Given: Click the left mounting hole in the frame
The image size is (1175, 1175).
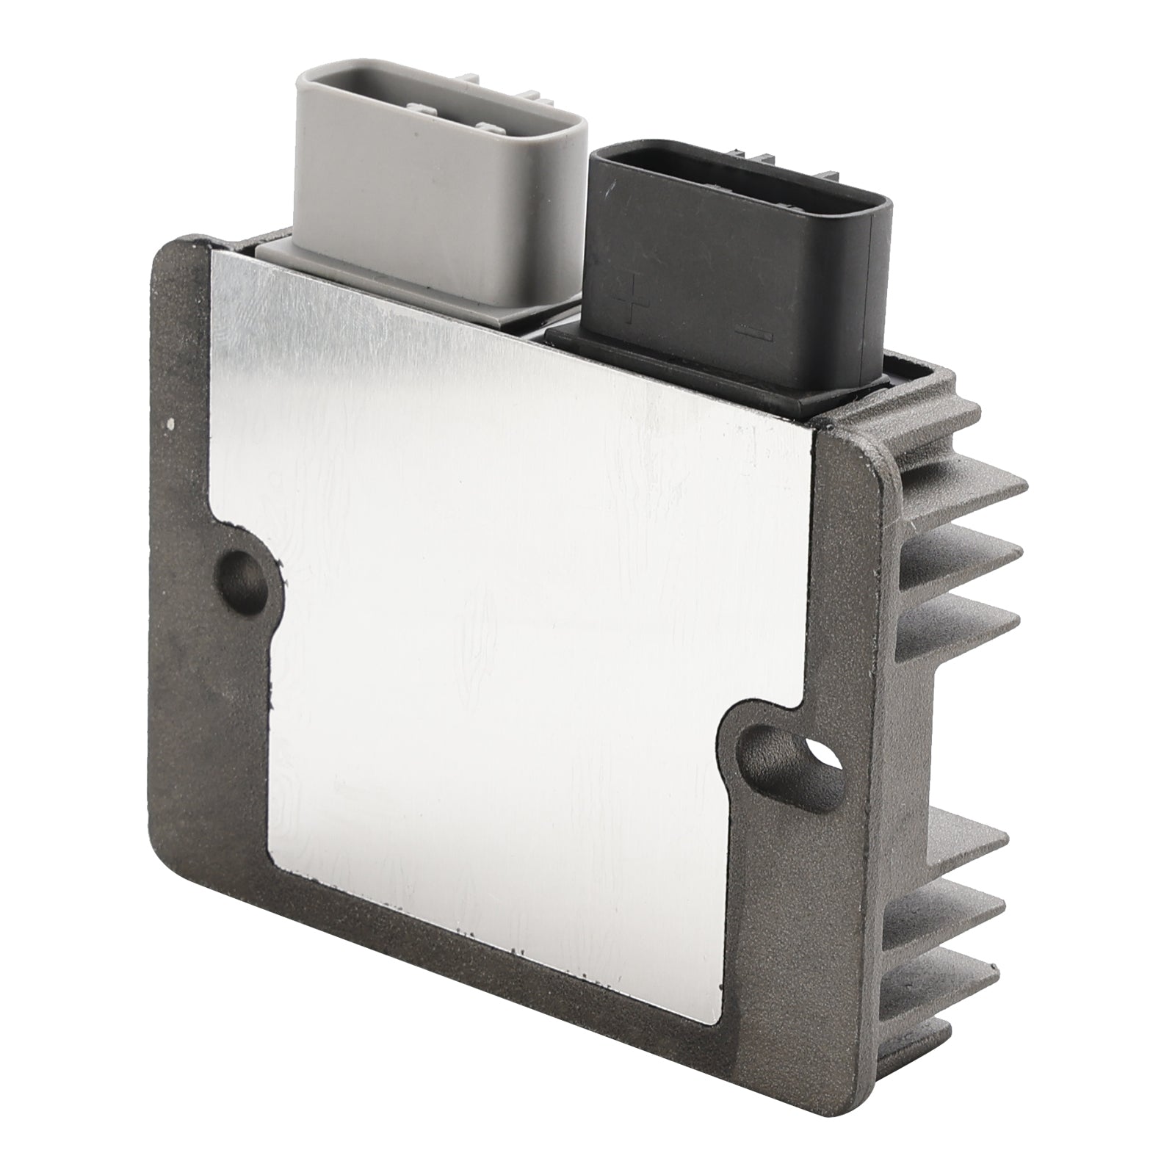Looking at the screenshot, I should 243,571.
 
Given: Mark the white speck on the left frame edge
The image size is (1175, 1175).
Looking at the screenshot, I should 170,423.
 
